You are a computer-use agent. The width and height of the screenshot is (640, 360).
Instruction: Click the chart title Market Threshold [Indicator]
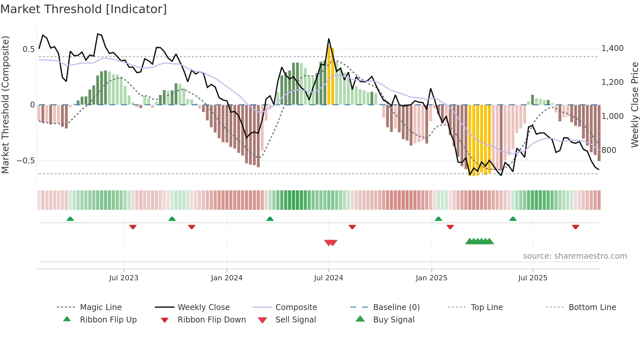pos(84,9)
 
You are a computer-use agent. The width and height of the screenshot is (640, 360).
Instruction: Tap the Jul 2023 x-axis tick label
pos(124,278)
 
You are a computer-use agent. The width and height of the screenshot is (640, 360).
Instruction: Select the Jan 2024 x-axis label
pos(227,278)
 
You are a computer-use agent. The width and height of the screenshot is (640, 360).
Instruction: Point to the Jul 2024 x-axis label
pos(328,278)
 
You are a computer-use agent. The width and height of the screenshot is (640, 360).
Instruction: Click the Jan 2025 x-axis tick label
pos(431,278)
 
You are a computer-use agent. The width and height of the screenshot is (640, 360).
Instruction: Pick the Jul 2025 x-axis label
pos(533,278)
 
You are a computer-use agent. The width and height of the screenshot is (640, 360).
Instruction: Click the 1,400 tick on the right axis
pos(612,48)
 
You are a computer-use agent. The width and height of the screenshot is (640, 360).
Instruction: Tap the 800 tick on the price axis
pos(609,150)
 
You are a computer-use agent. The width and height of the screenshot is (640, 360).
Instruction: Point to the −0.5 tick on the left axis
pos(25,161)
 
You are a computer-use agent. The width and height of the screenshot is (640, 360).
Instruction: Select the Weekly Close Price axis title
pos(634,105)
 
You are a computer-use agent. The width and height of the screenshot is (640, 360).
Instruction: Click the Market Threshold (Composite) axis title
pos(5,105)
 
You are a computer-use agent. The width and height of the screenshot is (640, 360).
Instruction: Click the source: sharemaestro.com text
pos(575,256)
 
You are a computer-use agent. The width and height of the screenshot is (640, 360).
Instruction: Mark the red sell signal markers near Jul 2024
pos(330,243)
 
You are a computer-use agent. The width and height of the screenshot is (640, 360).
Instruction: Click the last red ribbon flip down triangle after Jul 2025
pos(575,227)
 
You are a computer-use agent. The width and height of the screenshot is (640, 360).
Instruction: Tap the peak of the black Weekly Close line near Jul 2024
pos(329,39)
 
